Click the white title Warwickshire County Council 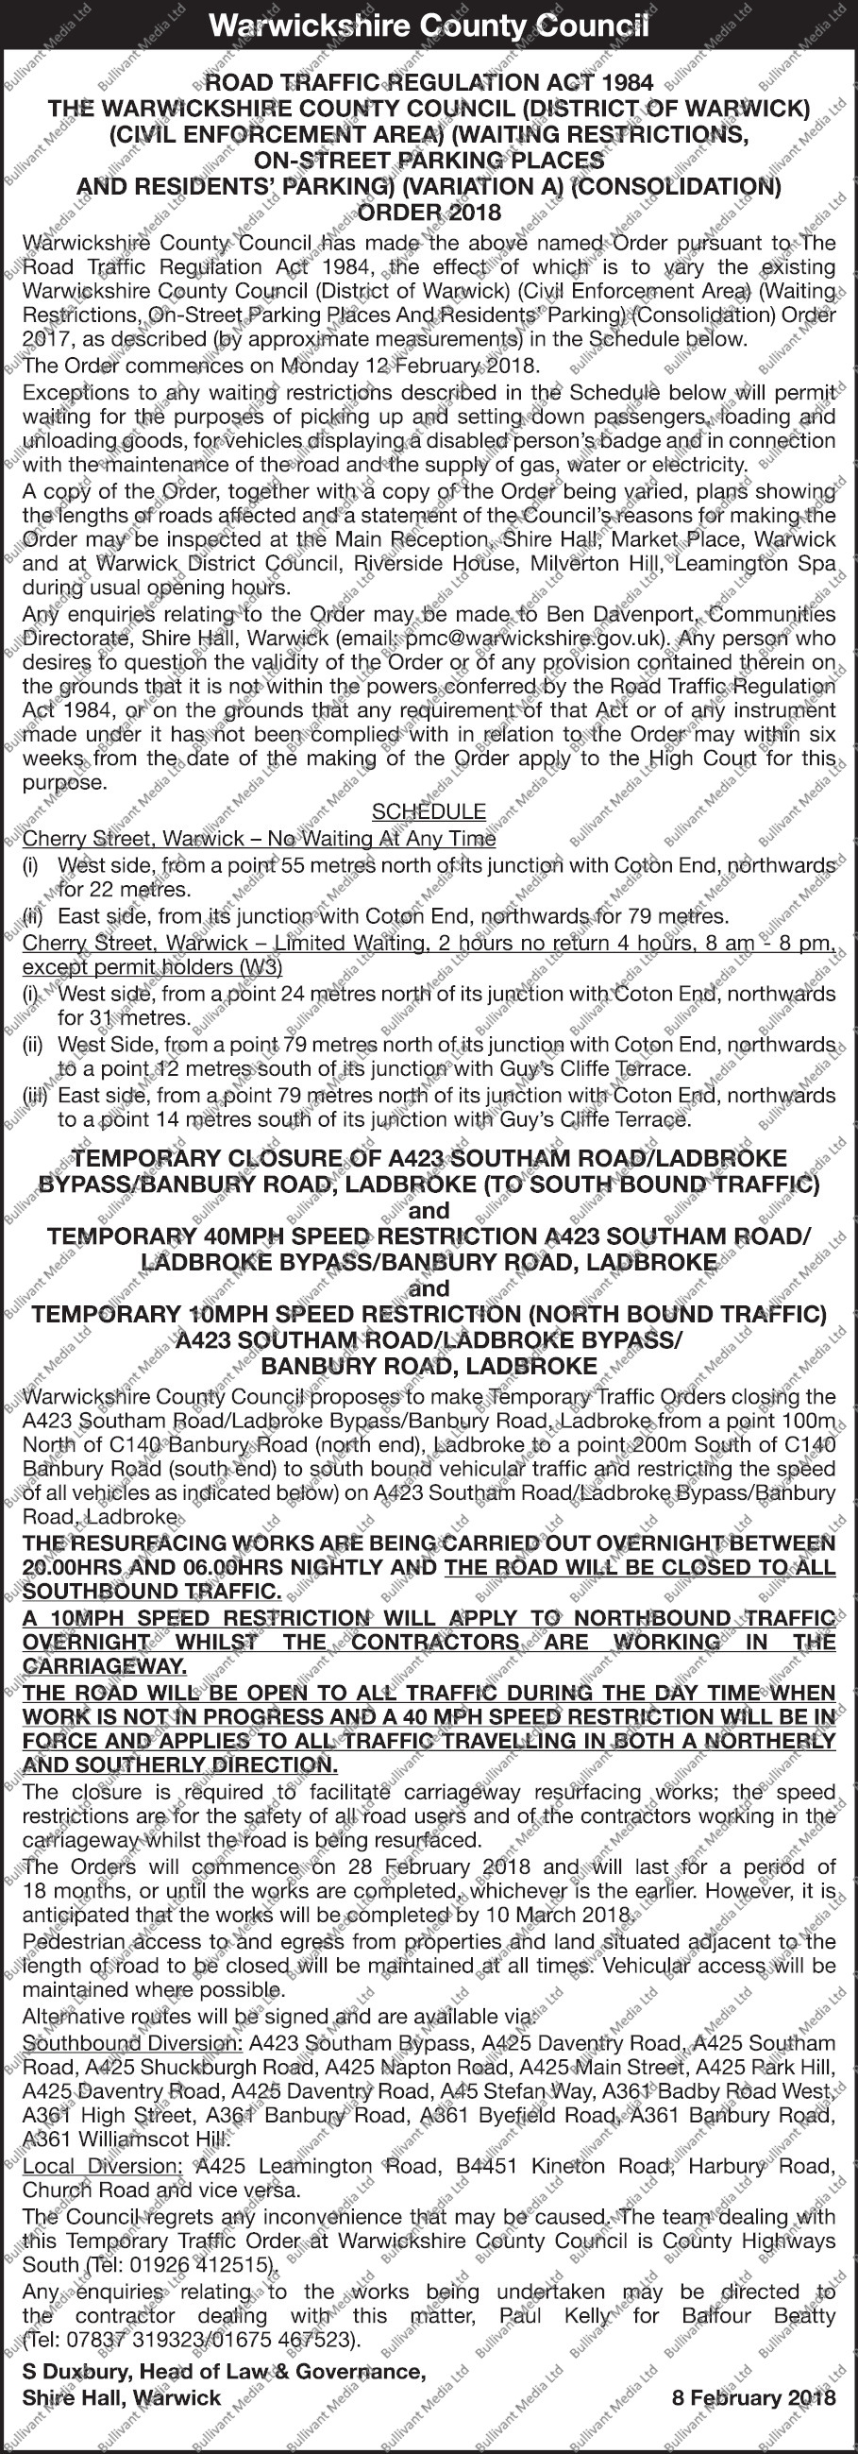coord(429,26)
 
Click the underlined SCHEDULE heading coord(429,811)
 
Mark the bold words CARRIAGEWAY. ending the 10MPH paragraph coord(104,1668)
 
